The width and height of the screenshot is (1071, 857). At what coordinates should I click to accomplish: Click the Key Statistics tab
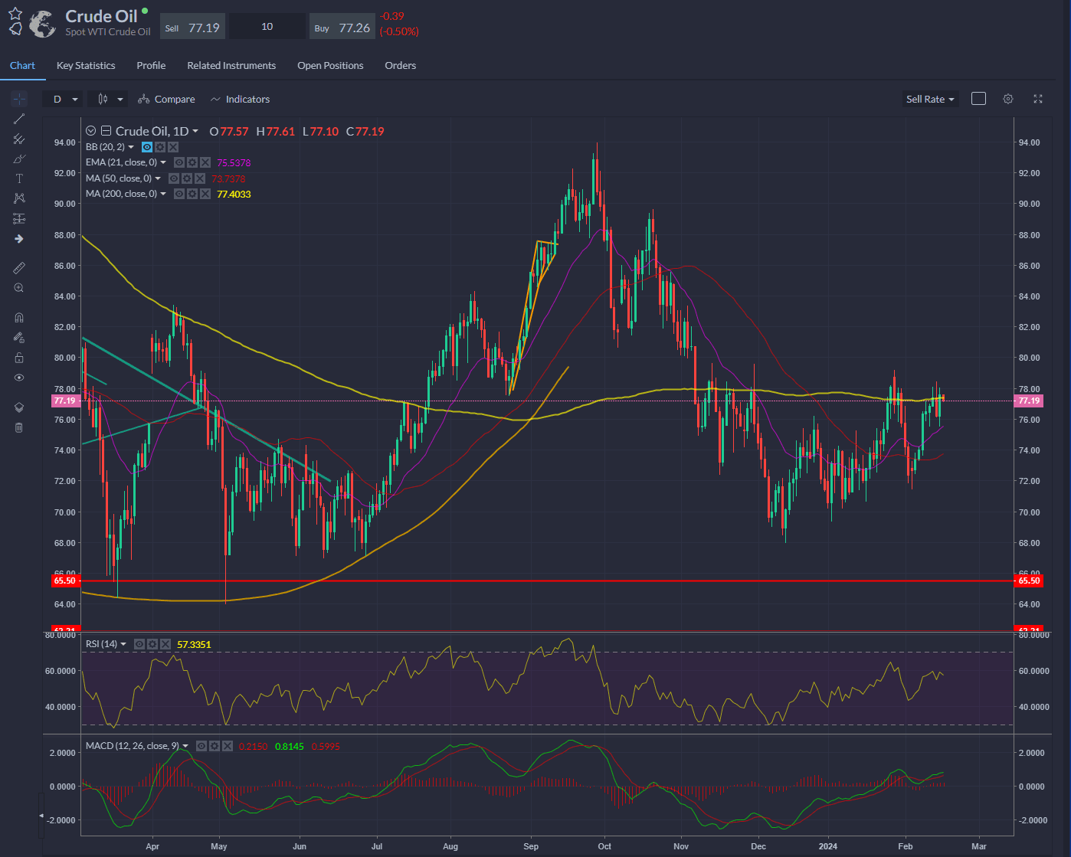click(86, 66)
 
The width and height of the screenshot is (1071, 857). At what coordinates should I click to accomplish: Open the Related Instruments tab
click(231, 66)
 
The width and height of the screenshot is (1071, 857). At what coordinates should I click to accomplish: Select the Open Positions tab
click(330, 66)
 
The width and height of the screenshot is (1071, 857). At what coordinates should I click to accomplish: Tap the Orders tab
click(400, 66)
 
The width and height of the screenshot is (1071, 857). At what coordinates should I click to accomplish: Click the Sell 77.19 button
click(192, 28)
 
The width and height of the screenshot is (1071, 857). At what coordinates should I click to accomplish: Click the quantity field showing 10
click(267, 27)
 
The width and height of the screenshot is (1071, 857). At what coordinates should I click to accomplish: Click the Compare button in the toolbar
click(167, 100)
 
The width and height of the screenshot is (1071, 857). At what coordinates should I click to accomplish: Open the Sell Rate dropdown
click(930, 100)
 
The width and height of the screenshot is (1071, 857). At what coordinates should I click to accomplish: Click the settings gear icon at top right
click(1008, 99)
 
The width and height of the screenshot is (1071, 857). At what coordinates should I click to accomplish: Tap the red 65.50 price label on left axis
click(64, 581)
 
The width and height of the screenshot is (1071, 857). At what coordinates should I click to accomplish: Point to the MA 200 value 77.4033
click(234, 195)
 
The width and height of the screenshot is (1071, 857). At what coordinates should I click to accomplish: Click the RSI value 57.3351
click(194, 645)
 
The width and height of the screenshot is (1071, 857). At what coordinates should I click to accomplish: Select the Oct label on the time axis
click(604, 846)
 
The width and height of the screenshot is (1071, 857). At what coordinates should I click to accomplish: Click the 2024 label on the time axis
click(827, 846)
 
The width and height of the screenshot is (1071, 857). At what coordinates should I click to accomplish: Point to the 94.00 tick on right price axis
click(1029, 142)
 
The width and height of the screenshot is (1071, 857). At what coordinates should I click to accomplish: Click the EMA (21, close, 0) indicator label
click(122, 162)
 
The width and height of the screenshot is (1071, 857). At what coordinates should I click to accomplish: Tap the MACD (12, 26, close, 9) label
click(133, 746)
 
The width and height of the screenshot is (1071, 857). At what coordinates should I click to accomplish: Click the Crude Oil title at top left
click(101, 16)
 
